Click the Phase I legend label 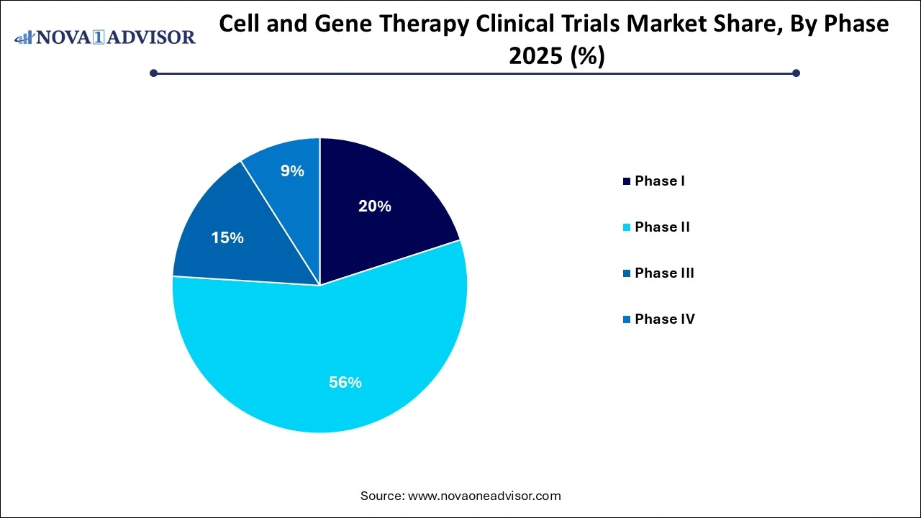[659, 181]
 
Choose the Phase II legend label [662, 227]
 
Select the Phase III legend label [664, 273]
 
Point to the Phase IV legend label [665, 319]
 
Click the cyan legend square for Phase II [627, 227]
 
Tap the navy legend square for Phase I [627, 181]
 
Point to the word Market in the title [648, 24]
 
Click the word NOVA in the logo [67, 37]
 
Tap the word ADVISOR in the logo [153, 37]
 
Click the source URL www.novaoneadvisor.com [484, 496]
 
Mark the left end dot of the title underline [153, 73]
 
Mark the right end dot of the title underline [796, 73]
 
